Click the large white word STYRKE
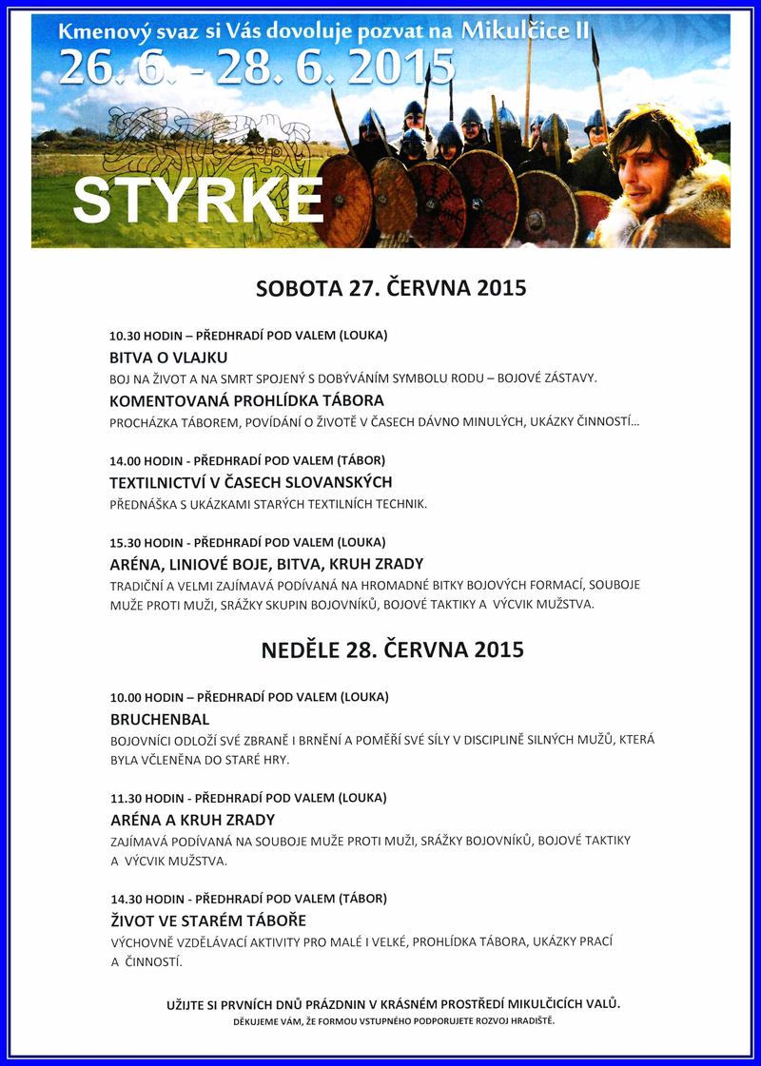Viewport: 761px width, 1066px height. click(x=197, y=199)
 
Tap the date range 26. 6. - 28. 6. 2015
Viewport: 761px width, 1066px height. click(x=256, y=69)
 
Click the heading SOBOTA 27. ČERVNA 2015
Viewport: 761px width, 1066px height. click(x=391, y=289)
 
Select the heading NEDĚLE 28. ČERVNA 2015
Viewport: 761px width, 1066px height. click(x=392, y=650)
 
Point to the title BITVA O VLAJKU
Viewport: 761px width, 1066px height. click(x=168, y=358)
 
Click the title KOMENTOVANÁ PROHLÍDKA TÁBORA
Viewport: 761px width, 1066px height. click(x=246, y=400)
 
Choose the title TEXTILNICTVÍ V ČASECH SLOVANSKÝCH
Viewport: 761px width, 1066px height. click(x=250, y=482)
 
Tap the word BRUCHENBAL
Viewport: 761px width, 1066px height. click(x=159, y=719)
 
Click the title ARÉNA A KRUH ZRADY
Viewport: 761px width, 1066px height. click(x=191, y=820)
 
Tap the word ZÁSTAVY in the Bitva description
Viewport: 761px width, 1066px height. click(x=567, y=378)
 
